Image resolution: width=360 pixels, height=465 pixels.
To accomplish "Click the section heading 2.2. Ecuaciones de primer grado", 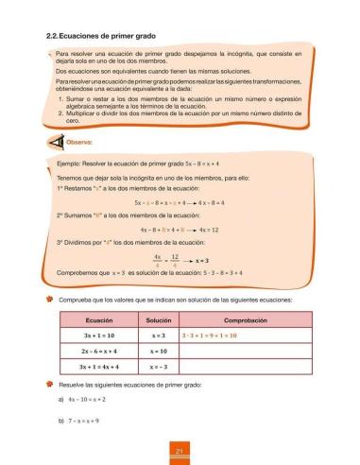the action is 98,36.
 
